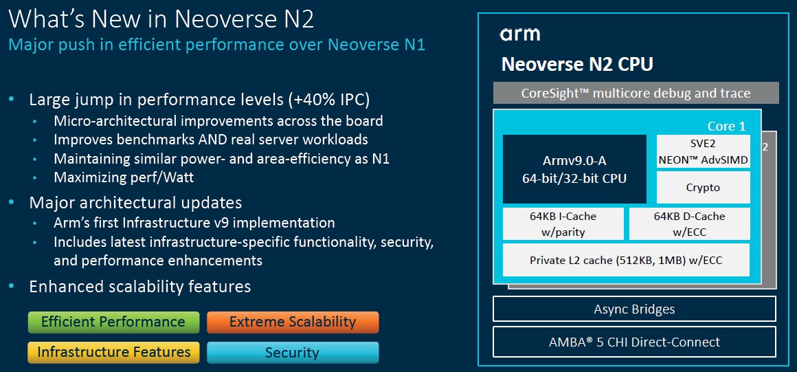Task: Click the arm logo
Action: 520,34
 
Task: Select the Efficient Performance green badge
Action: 113,322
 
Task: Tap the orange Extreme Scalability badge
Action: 293,322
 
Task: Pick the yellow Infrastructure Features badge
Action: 113,352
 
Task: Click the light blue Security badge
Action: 293,352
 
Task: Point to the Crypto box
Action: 703,187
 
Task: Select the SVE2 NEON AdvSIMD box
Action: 703,151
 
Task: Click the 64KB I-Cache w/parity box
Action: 563,224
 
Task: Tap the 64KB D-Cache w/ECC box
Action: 689,224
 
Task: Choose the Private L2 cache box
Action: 626,260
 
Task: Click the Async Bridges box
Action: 634,309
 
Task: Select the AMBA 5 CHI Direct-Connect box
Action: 634,342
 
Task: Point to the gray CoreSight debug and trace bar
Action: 636,93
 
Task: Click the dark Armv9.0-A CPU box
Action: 574,169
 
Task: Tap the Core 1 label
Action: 726,127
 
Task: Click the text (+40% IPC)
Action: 329,100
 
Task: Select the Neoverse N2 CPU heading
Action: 577,65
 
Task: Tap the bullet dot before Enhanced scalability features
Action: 12,287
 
